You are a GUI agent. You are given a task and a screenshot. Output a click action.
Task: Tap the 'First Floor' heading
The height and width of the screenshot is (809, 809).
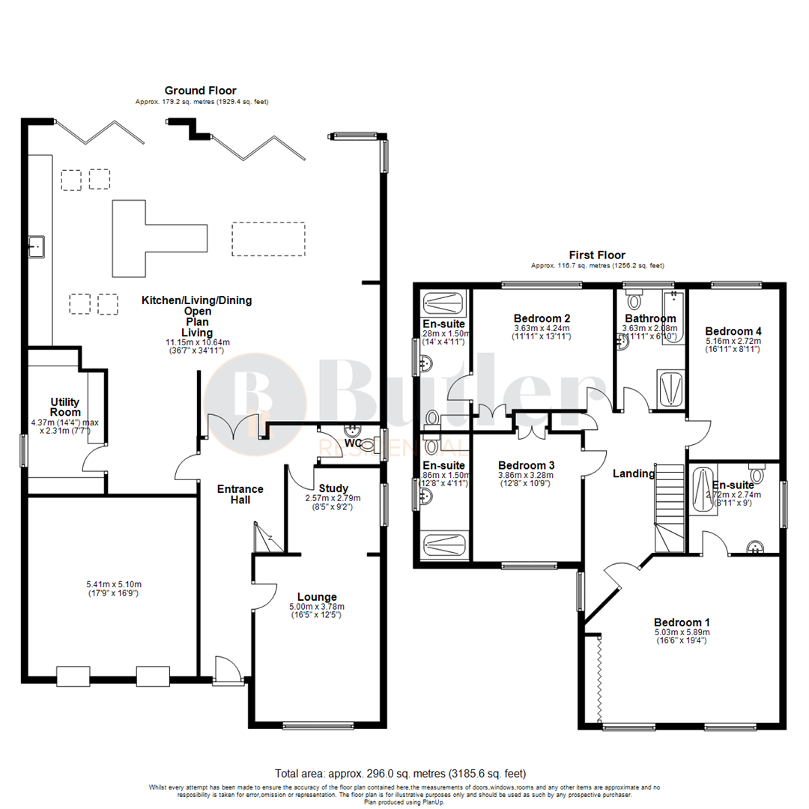597,255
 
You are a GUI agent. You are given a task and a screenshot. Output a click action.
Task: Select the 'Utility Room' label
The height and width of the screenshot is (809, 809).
65,407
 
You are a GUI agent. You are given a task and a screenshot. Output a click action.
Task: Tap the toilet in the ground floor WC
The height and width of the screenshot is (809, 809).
366,443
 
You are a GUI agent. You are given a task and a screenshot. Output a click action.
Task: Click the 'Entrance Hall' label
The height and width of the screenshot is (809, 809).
240,494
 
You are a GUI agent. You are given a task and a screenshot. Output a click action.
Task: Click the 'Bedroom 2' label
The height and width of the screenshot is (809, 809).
543,316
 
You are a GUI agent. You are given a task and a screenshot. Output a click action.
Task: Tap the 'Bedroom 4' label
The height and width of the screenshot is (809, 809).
733,331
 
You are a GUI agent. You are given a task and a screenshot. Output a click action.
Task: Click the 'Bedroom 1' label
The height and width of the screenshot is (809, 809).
682,622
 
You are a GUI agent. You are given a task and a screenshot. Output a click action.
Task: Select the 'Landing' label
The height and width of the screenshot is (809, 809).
633,473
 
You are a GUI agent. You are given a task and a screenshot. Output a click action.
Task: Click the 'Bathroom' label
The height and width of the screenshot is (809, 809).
650,318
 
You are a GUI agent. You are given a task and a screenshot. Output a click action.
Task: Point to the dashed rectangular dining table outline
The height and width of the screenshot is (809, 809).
268,239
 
